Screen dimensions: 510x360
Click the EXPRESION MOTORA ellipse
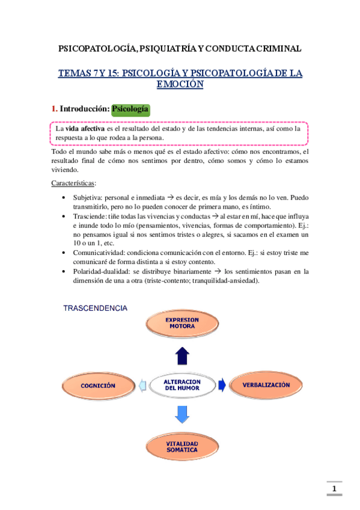[x=181, y=323]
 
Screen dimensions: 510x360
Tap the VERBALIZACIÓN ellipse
[x=266, y=385]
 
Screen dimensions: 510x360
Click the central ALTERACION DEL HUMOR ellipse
[x=182, y=385]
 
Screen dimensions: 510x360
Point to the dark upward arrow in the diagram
[x=183, y=356]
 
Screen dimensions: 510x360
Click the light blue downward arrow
[x=183, y=414]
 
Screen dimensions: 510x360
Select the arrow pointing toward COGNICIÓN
[x=141, y=385]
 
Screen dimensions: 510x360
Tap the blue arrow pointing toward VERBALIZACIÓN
[x=222, y=384]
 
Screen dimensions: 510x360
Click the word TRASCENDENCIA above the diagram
[x=96, y=308]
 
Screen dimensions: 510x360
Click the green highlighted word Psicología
[x=131, y=109]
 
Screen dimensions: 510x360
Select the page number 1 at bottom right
[x=335, y=488]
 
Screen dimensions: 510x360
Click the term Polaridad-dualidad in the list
[x=105, y=271]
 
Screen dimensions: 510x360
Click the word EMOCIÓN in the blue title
[x=180, y=85]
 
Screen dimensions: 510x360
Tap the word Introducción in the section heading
[x=84, y=109]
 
